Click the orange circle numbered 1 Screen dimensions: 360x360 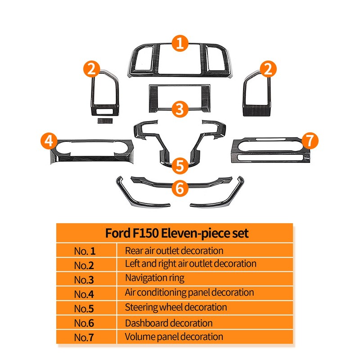pyautogui.click(x=180, y=43)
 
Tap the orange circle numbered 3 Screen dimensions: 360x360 pyautogui.click(x=180, y=109)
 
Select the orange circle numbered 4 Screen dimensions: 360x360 pyautogui.click(x=49, y=141)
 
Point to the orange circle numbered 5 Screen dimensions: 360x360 pyautogui.click(x=180, y=166)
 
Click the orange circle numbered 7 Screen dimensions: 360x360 pyautogui.click(x=310, y=140)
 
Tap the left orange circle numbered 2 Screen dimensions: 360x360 pyautogui.click(x=92, y=69)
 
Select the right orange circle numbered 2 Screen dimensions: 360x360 pyautogui.click(x=268, y=69)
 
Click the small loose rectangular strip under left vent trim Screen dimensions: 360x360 pyautogui.click(x=105, y=121)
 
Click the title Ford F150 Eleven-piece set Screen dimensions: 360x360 pyautogui.click(x=177, y=233)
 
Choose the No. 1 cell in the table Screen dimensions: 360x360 pyautogui.click(x=85, y=251)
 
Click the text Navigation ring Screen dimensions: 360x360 pyautogui.click(x=154, y=278)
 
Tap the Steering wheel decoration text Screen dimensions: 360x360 pyautogui.click(x=176, y=307)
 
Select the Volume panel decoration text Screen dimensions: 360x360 pyautogui.click(x=174, y=337)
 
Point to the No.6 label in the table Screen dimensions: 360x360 pyautogui.click(x=84, y=323)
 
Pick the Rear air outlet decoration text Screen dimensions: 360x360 pyautogui.click(x=174, y=251)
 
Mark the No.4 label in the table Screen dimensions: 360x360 pyautogui.click(x=84, y=294)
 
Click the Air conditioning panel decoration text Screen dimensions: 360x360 pyautogui.click(x=189, y=293)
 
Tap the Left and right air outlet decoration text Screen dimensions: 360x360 pyautogui.click(x=190, y=264)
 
